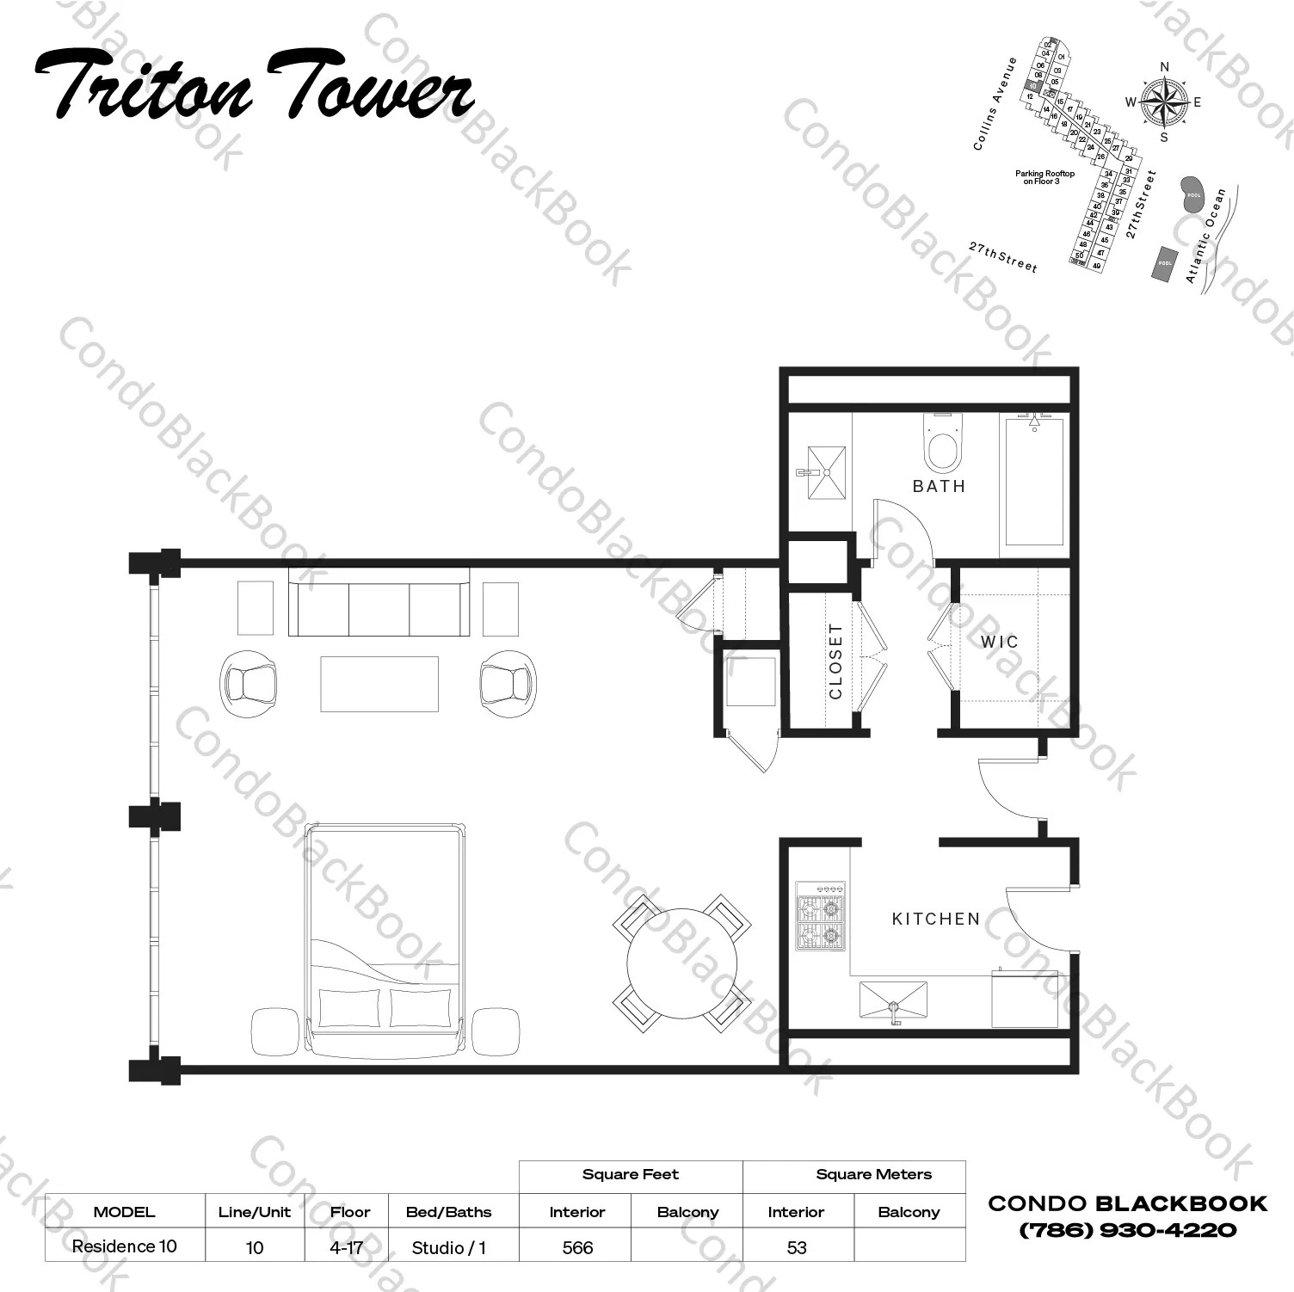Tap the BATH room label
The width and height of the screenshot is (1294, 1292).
(x=939, y=486)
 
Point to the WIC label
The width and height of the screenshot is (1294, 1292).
(x=999, y=642)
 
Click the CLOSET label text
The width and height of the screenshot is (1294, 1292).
(x=835, y=661)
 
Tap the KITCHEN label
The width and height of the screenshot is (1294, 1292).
(x=936, y=919)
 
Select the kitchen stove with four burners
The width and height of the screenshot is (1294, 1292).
(x=820, y=916)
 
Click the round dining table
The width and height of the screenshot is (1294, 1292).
(x=681, y=963)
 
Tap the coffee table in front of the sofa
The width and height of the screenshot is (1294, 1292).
(x=379, y=684)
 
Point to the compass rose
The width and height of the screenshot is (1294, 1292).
(x=1163, y=102)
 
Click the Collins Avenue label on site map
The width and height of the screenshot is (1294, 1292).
(x=995, y=104)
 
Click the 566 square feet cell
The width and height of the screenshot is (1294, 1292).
(x=576, y=1247)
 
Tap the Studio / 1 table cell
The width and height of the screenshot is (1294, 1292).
(x=448, y=1247)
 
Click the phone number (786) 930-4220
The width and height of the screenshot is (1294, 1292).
(x=1127, y=1230)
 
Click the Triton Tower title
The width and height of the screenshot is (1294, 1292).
(x=255, y=86)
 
